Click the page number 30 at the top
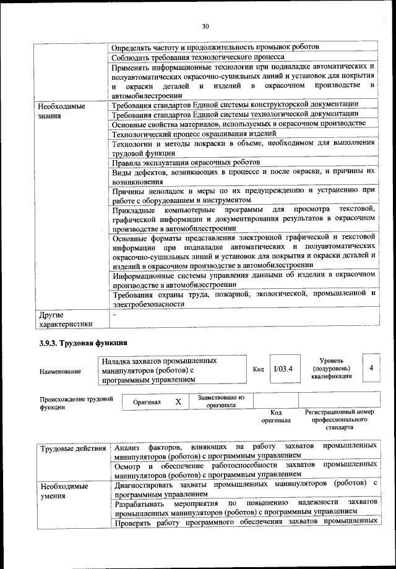coord(205,25)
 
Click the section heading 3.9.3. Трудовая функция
coord(82,341)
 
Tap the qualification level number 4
coord(371,368)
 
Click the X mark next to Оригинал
coord(178,401)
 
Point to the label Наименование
coord(60,372)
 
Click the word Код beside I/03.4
coord(259,369)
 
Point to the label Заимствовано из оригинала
coord(221,401)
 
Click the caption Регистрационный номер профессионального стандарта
coord(340,419)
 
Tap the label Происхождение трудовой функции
coord(76,403)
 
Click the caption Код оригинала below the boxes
coord(276,416)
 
